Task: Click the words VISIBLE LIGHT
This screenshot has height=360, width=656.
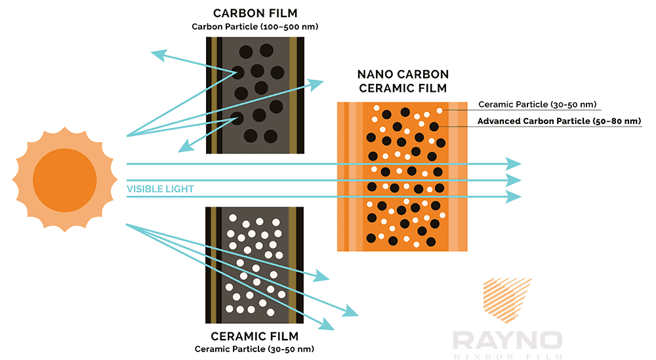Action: tap(160, 189)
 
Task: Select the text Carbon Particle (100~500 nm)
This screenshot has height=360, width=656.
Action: tap(253, 27)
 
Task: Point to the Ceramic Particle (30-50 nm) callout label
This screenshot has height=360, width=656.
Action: tap(536, 104)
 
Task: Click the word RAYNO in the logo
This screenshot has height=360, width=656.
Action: tap(507, 341)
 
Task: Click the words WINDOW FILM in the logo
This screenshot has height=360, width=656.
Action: tap(507, 357)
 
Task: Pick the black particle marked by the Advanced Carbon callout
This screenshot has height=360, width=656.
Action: tap(434, 127)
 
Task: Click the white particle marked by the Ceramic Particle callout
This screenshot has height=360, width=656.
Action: tap(440, 111)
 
